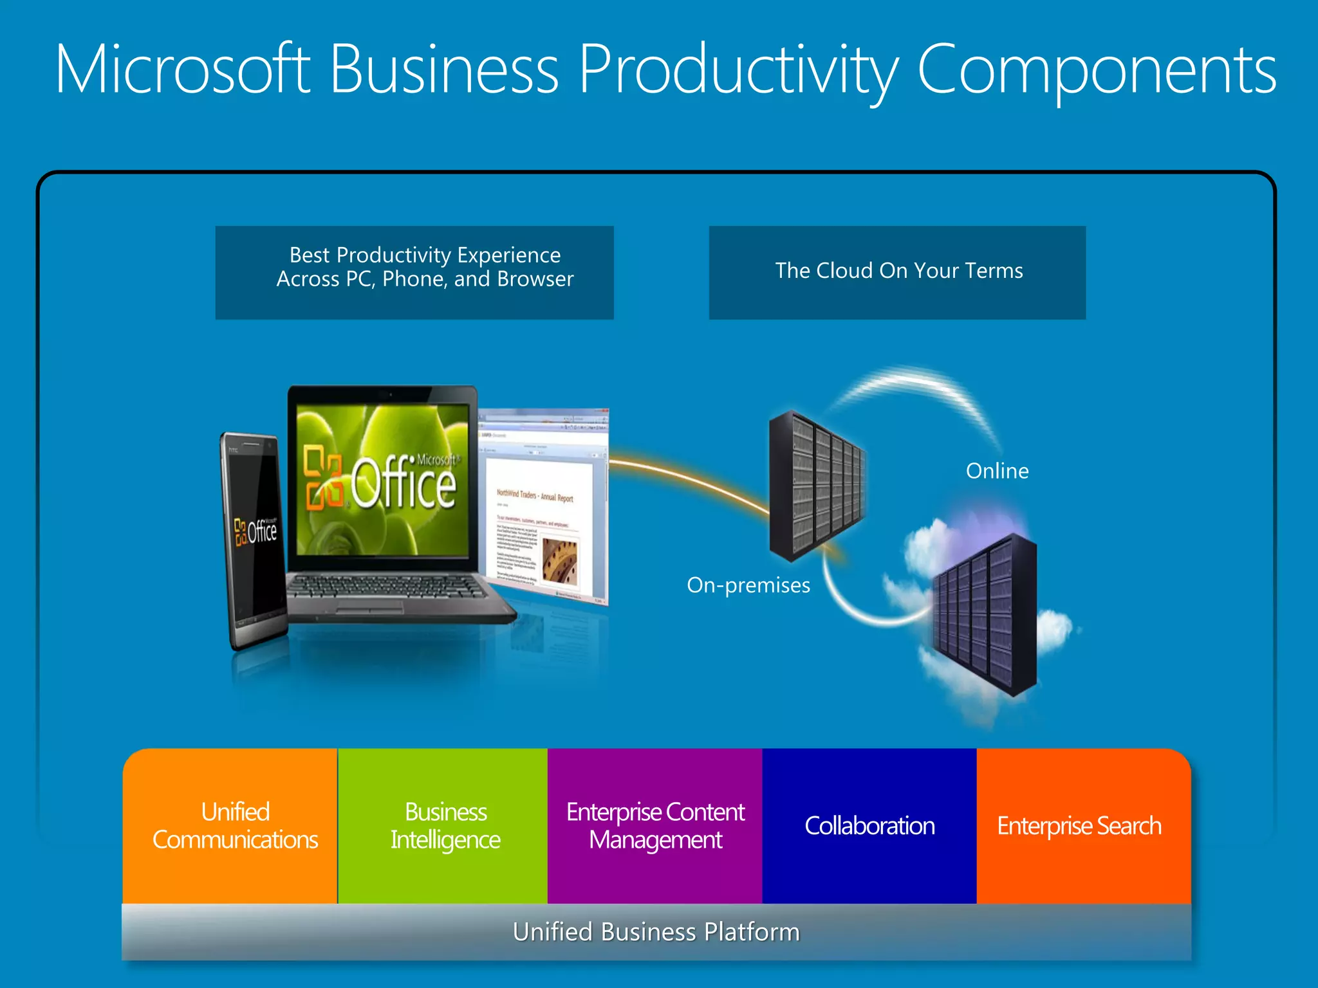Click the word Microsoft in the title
183,69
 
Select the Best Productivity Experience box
414,272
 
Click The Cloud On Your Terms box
897,272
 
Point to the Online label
997,471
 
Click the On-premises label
748,585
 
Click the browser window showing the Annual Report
547,508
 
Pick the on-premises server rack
816,486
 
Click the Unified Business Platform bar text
656,932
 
